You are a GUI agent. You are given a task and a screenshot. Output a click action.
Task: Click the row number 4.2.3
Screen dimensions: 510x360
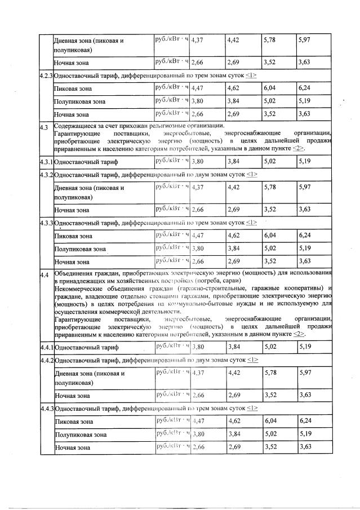point(46,76)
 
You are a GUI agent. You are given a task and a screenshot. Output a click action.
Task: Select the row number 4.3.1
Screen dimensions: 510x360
point(46,161)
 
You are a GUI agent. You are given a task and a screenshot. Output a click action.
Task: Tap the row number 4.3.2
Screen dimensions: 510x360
point(46,175)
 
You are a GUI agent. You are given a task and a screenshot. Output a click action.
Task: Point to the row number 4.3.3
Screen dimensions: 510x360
point(46,223)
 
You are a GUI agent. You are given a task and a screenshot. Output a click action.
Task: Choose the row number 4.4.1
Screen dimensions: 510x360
point(46,347)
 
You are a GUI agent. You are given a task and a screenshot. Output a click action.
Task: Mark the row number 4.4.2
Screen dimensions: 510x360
point(46,360)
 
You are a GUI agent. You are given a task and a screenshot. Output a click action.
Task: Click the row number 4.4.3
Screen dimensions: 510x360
point(46,408)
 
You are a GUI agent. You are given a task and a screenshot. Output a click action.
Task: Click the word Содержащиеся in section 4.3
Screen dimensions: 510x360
point(74,126)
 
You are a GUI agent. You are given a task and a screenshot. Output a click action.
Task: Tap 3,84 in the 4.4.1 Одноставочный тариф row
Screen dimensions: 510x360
point(234,347)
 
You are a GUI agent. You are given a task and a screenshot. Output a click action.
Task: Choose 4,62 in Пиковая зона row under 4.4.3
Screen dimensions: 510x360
point(234,421)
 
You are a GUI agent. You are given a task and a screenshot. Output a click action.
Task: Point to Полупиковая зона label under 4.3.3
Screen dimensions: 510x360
point(79,249)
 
